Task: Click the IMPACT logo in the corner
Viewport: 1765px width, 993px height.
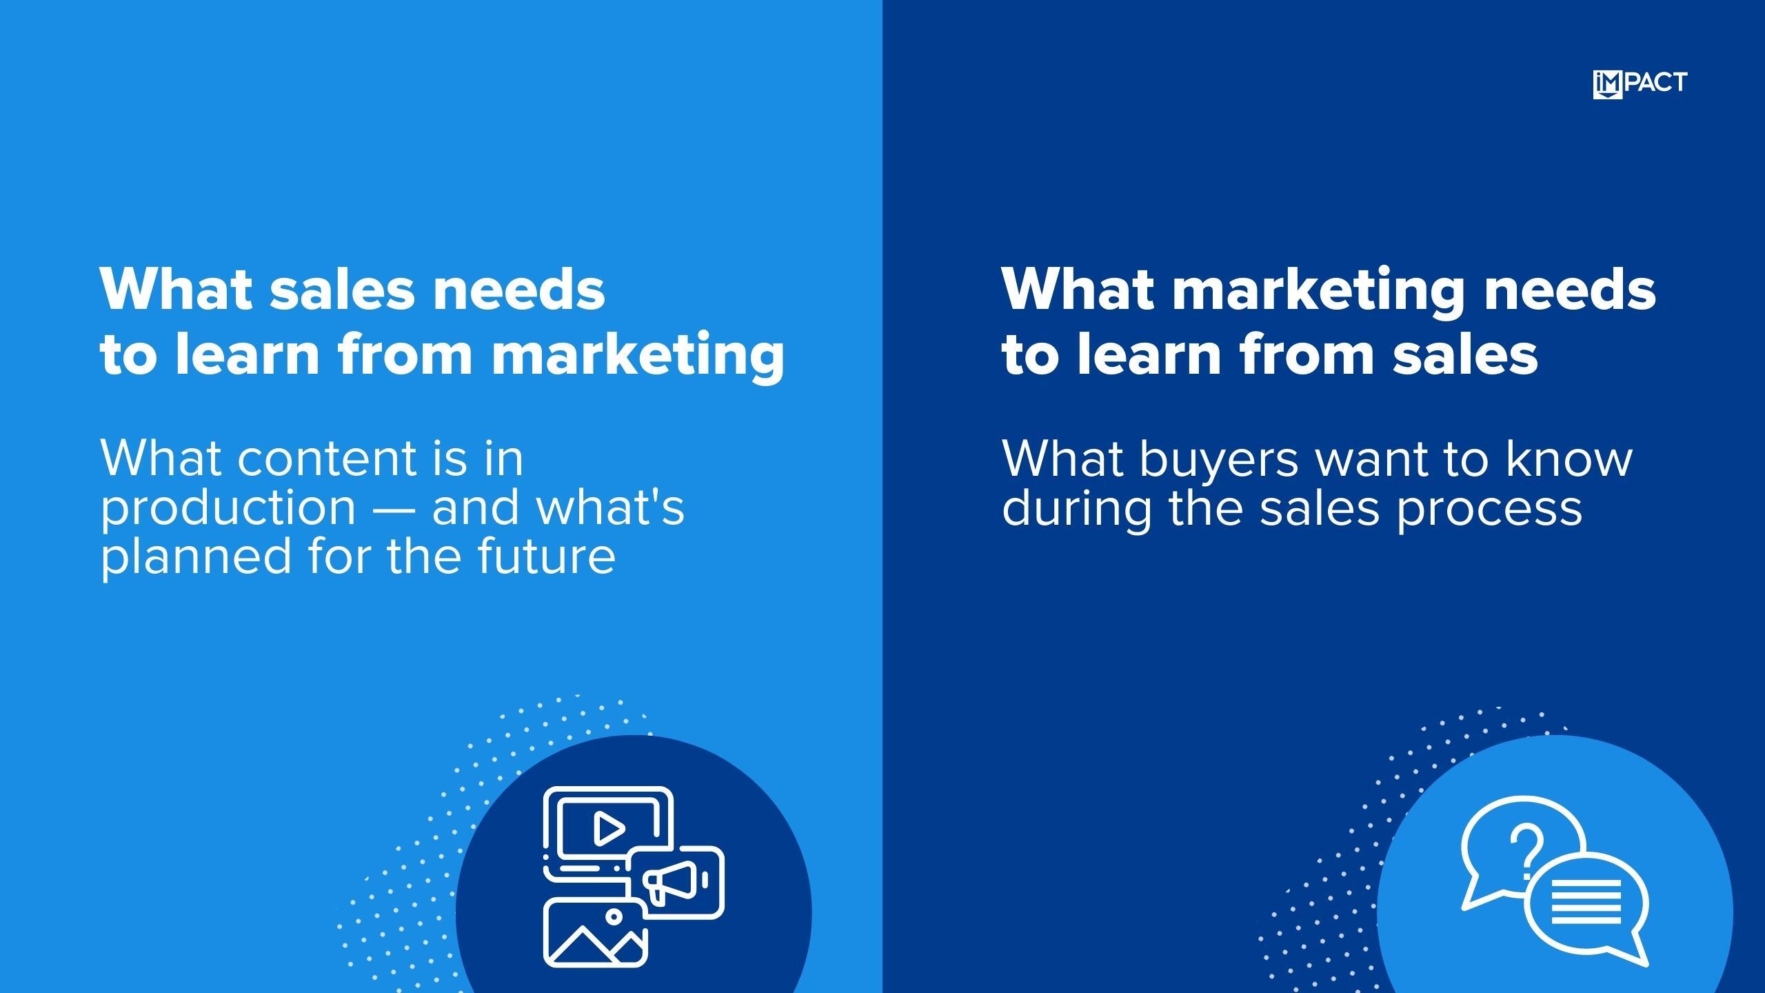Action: coord(1640,84)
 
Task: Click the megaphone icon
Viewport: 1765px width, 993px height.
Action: coord(675,881)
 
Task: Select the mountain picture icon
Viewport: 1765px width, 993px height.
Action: coord(595,932)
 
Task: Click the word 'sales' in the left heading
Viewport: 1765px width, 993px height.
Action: coord(343,289)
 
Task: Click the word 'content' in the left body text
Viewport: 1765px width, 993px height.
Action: coord(327,458)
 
